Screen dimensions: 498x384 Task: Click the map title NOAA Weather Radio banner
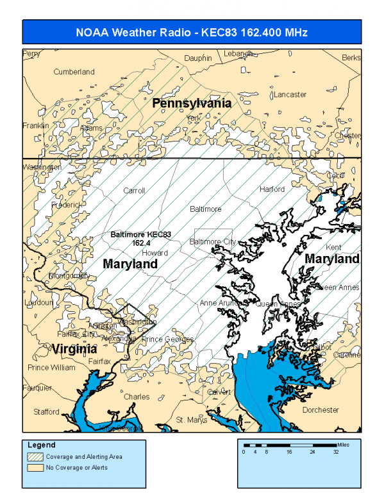pos(192,32)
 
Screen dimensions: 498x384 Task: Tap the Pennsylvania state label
pos(191,103)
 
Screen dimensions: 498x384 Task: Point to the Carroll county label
pos(134,191)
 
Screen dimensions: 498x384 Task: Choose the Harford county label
pos(272,189)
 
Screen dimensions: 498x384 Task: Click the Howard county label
pos(154,253)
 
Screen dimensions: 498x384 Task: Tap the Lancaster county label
pos(290,94)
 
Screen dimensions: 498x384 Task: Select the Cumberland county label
pos(74,72)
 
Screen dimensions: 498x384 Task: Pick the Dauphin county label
pos(197,58)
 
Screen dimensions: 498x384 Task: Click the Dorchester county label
pos(320,409)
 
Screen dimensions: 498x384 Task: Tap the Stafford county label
pos(46,411)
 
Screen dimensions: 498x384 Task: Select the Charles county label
pos(136,397)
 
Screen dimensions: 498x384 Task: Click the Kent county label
pos(334,247)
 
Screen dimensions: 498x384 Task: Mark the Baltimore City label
pos(213,241)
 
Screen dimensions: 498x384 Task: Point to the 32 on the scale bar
pos(337,452)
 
